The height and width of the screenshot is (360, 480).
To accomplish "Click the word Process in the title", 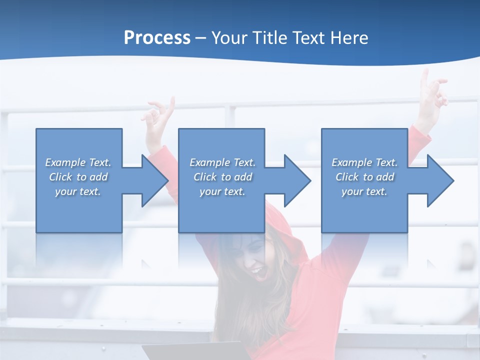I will pyautogui.click(x=157, y=38).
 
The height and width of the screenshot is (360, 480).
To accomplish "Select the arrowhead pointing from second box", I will pyautogui.click(x=296, y=180).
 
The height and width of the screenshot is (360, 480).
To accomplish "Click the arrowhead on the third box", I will pyautogui.click(x=439, y=180).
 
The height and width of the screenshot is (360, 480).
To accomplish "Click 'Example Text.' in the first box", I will pyautogui.click(x=78, y=162).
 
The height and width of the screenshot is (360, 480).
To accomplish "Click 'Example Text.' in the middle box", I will pyautogui.click(x=222, y=162).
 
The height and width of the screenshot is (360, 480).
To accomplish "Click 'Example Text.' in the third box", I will pyautogui.click(x=364, y=162).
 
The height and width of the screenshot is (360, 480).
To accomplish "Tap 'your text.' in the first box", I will pyautogui.click(x=78, y=191).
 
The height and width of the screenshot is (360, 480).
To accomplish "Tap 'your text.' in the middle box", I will pyautogui.click(x=222, y=191).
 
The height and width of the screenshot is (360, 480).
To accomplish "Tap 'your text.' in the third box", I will pyautogui.click(x=364, y=191).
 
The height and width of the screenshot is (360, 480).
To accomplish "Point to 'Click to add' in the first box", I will pyautogui.click(x=78, y=177).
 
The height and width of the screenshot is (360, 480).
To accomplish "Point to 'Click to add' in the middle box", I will pyautogui.click(x=222, y=177).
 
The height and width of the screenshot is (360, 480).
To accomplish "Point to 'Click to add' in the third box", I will pyautogui.click(x=364, y=177).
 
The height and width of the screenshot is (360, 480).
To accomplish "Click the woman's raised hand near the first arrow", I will pyautogui.click(x=158, y=116).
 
